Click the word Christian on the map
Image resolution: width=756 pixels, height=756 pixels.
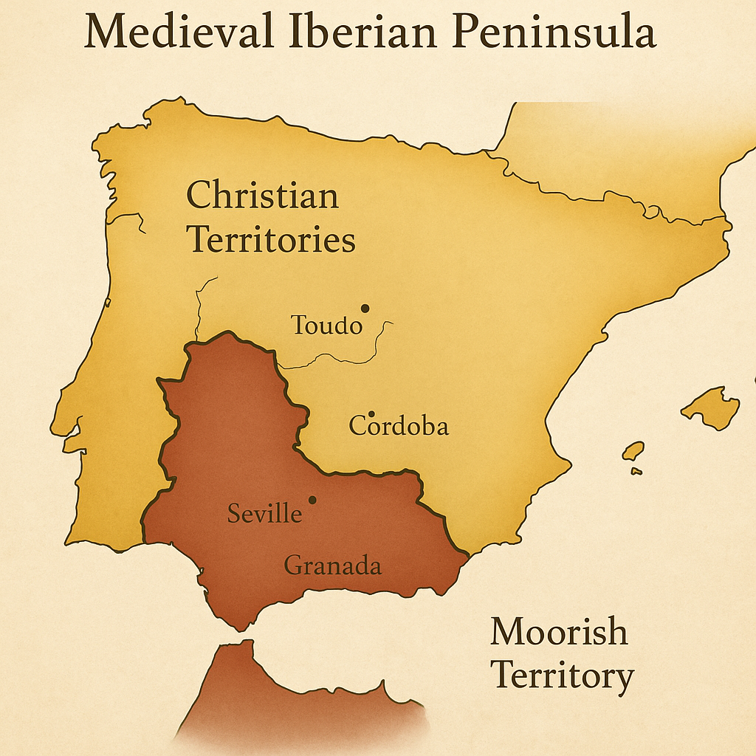point(262,196)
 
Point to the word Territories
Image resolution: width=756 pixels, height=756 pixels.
point(271,240)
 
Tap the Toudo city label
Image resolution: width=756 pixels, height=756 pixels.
point(327,325)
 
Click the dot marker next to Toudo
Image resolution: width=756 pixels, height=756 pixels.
point(364,309)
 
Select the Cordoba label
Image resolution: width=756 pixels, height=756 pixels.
point(399,426)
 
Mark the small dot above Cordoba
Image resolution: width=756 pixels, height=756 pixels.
point(371,414)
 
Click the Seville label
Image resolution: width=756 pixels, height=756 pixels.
point(264,513)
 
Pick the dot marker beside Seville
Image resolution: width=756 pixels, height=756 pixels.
point(312,500)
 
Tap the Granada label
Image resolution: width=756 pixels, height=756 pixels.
point(333,566)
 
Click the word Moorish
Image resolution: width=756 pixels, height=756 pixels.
point(559,633)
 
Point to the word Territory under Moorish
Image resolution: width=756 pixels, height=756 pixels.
point(562,676)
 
